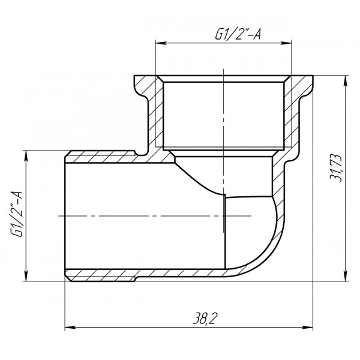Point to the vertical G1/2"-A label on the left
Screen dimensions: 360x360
pos(17,215)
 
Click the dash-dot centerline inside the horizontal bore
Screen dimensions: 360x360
pos(144,215)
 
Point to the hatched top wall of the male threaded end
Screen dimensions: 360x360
pos(102,156)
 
